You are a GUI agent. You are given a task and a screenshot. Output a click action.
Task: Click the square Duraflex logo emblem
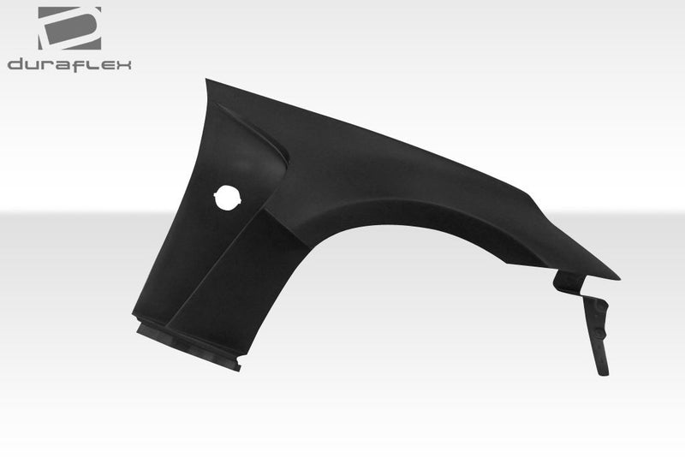(x=69, y=27)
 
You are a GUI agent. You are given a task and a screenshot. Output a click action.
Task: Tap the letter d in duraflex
(x=15, y=65)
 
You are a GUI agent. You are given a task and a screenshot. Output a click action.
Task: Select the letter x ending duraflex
(x=123, y=65)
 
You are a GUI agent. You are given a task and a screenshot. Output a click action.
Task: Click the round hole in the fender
(x=228, y=197)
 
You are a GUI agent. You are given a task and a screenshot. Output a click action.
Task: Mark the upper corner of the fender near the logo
(x=207, y=81)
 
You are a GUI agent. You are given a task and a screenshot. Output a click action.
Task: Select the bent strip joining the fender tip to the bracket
(x=567, y=282)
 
